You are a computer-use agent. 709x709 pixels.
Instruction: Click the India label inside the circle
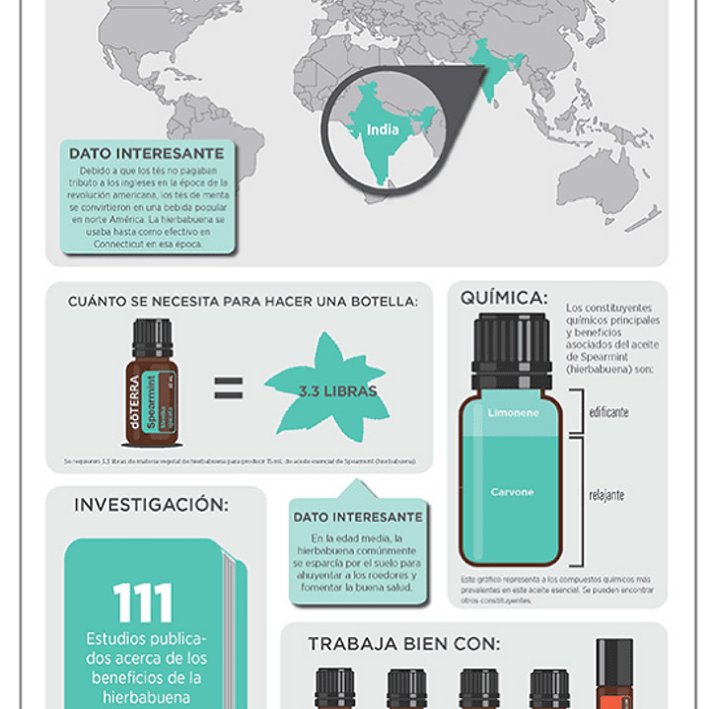point(383,129)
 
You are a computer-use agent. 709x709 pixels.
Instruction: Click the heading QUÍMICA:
point(503,298)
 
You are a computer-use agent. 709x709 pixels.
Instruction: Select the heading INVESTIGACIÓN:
point(151,505)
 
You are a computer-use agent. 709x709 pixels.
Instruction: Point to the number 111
point(143,603)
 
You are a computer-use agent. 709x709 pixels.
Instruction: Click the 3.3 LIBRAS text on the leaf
point(337,390)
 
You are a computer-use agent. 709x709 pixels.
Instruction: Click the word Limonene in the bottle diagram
point(513,413)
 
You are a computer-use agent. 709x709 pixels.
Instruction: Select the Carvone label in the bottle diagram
point(512,491)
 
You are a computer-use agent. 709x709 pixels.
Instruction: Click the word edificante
point(608,412)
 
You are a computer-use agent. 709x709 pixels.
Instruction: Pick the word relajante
point(606,494)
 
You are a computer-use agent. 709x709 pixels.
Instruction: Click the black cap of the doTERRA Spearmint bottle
point(153,338)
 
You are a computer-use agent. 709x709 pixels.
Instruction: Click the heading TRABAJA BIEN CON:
point(403,644)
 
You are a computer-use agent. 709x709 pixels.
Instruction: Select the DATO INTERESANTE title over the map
point(146,154)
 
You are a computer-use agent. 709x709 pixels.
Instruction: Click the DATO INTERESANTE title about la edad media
point(358,517)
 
